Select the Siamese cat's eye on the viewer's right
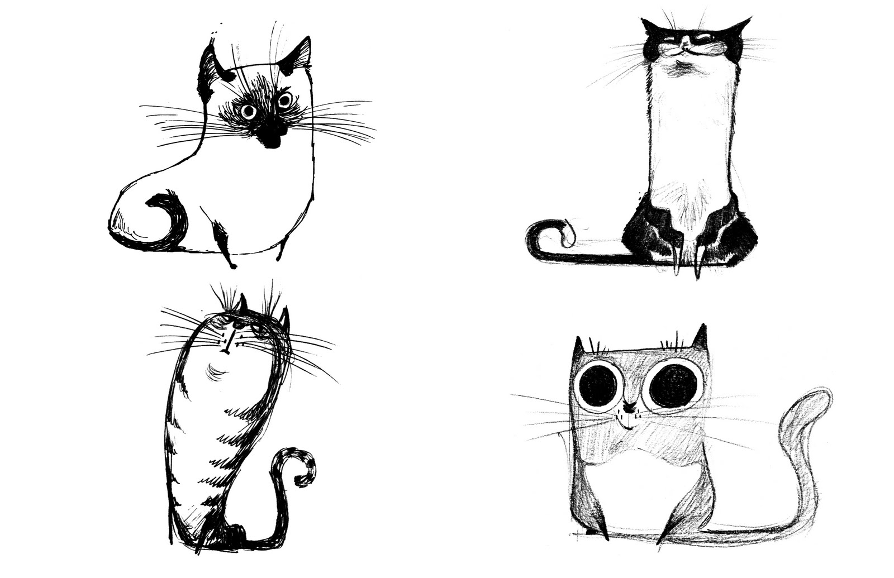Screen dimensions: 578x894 (x=286, y=101)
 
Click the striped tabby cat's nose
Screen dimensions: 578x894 (x=225, y=350)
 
